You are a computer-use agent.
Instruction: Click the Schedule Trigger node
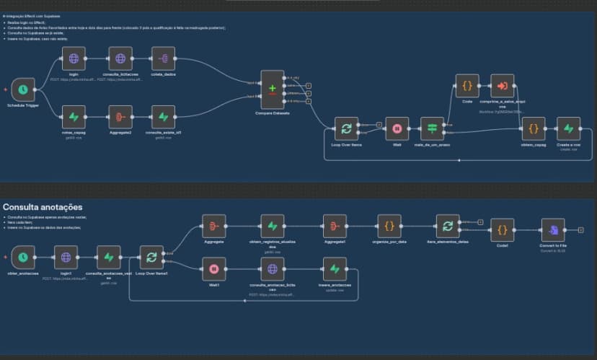(x=23, y=89)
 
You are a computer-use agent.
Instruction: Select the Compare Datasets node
(x=272, y=90)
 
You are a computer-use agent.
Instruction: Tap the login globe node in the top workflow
(x=74, y=58)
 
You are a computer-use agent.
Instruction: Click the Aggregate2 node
(x=120, y=116)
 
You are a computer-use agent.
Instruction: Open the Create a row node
(x=567, y=128)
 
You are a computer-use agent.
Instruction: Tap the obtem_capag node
(x=533, y=128)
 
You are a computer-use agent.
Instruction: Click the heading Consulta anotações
(x=42, y=208)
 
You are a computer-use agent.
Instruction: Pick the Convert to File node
(x=553, y=229)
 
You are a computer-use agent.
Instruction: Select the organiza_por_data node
(x=389, y=226)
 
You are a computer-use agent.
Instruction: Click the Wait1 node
(x=213, y=269)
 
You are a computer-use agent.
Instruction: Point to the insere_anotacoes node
(x=334, y=269)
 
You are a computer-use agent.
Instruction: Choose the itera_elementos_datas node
(x=448, y=226)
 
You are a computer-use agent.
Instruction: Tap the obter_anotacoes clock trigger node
(x=23, y=256)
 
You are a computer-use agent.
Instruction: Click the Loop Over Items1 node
(x=151, y=256)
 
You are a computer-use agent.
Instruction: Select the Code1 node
(x=503, y=229)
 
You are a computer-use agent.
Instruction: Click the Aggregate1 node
(x=335, y=226)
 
